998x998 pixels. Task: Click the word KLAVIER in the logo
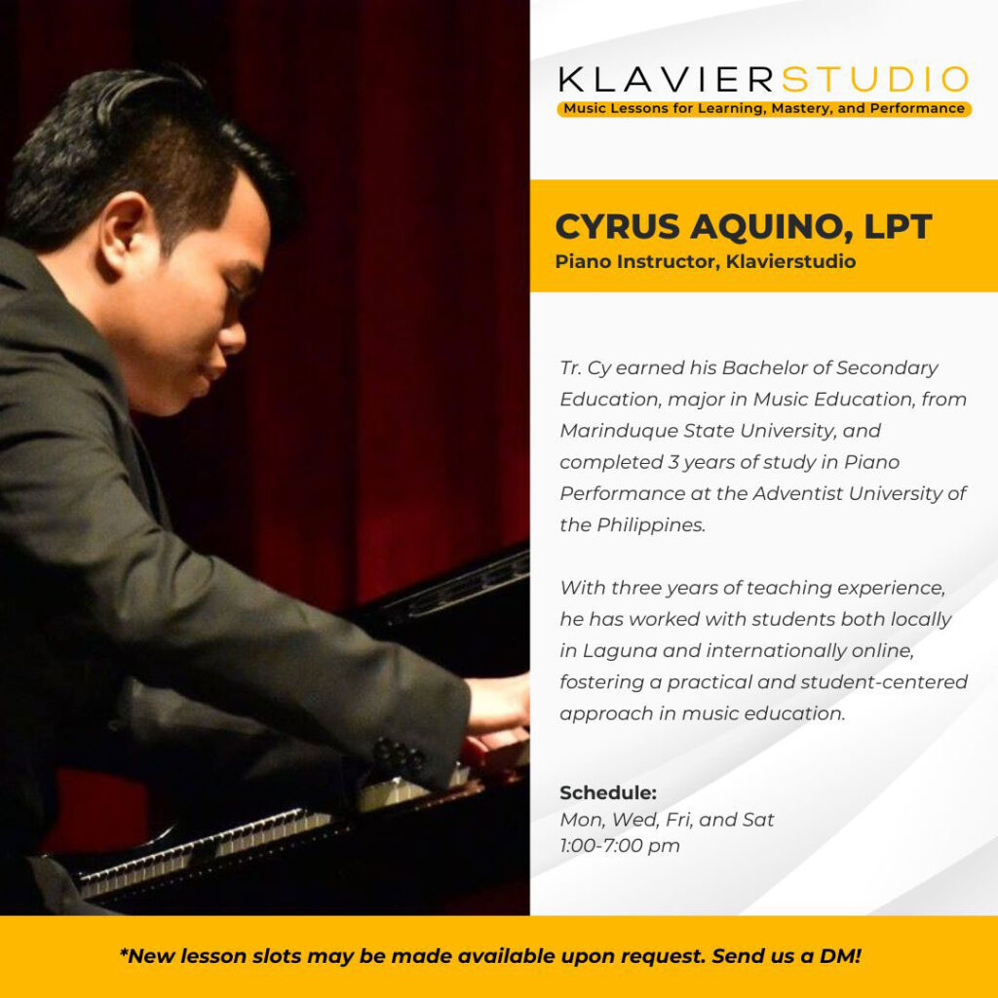pos(667,80)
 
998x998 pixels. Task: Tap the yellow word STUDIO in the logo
pos(875,80)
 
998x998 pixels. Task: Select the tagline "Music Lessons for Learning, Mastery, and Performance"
pos(764,109)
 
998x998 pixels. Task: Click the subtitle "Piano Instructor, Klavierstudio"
pos(706,261)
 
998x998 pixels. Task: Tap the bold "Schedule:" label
pos(608,793)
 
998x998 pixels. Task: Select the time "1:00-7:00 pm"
pos(620,846)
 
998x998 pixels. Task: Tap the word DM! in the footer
pos(840,956)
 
